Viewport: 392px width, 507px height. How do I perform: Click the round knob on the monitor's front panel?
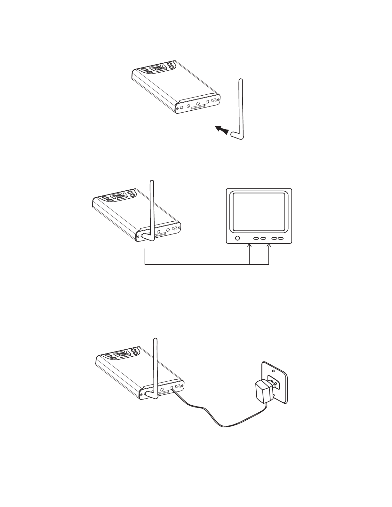(237, 238)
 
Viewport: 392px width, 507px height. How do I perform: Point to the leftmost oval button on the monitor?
(256, 239)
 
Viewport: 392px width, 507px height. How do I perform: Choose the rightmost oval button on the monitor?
(280, 239)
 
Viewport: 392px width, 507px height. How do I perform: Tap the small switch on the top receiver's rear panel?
(214, 101)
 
